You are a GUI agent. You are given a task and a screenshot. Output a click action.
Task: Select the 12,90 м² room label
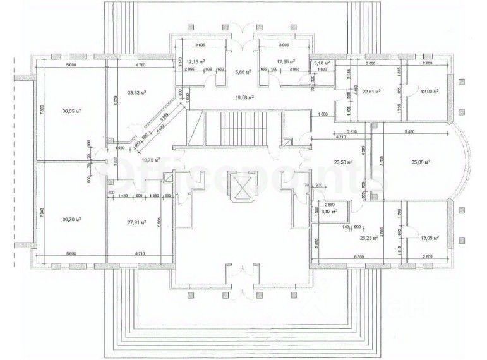(x=428, y=92)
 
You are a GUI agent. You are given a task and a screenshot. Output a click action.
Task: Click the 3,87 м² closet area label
(x=330, y=212)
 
